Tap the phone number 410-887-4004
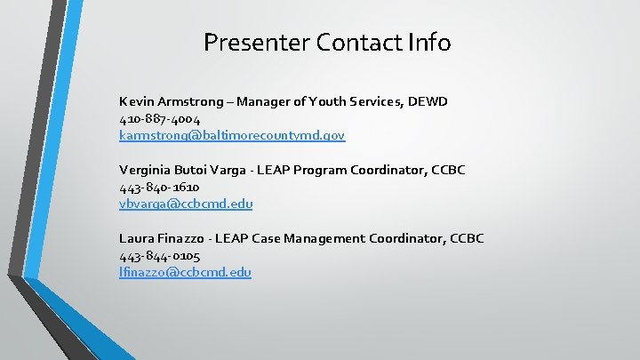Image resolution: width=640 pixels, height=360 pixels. [160, 119]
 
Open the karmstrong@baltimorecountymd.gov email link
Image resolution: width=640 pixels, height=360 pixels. [232, 136]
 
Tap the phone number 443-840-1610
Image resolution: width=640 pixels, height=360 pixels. [159, 187]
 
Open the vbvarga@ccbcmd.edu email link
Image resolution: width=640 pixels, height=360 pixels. [186, 204]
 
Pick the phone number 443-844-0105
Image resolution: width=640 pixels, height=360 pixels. [160, 255]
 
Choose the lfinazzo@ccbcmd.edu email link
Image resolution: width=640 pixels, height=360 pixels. [185, 272]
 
